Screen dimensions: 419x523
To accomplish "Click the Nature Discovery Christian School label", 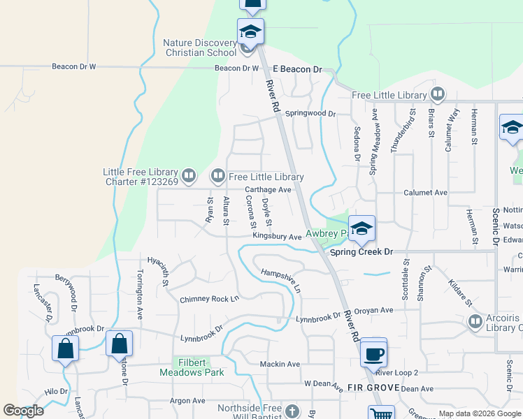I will click(x=200, y=47).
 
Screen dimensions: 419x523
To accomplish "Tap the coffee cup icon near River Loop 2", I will click(x=373, y=353).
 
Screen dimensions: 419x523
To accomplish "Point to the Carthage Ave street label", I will click(x=268, y=190).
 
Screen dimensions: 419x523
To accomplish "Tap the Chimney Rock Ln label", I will click(x=209, y=299).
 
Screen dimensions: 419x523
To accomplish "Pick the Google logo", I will click(x=24, y=411).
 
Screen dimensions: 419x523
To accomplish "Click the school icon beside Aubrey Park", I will click(x=361, y=228).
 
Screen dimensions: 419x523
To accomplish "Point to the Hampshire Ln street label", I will click(x=280, y=280).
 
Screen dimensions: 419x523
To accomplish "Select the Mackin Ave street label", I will click(x=280, y=365).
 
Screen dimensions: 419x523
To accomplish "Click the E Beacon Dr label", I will click(x=297, y=70).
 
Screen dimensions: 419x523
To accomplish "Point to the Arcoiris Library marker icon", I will click(x=475, y=321).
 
